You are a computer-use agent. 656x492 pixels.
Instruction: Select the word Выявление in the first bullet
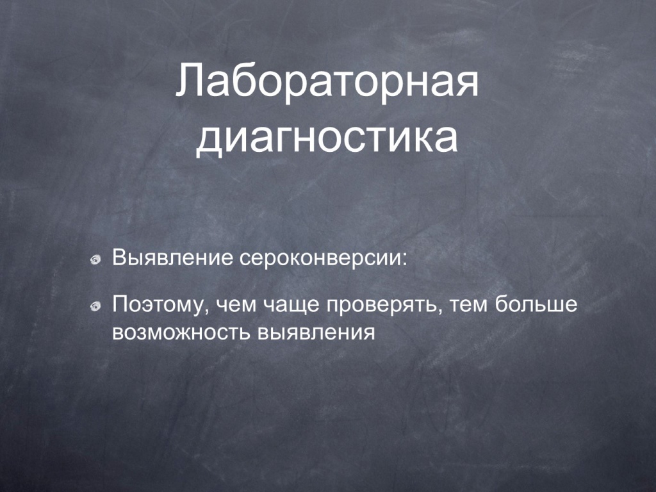coord(172,258)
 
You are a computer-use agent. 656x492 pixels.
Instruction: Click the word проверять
coord(382,307)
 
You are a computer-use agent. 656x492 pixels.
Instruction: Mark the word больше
coord(536,304)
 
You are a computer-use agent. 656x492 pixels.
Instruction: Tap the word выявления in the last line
coord(316,333)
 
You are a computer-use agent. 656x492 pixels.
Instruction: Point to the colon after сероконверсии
coord(404,260)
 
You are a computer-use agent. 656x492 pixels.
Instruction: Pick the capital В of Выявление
coord(119,258)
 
